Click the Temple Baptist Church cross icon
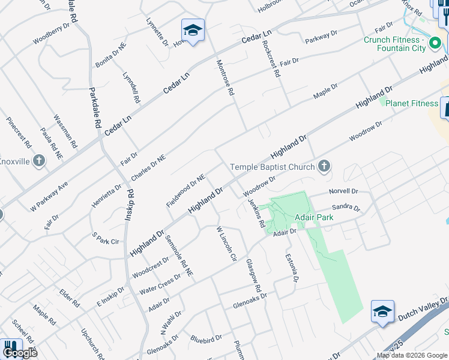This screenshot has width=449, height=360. click(324, 166)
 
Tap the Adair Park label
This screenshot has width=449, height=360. click(313, 217)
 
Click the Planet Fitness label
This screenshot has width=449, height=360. click(412, 103)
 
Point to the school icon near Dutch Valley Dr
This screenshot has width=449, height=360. click(382, 311)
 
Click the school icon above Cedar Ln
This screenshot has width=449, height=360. click(193, 31)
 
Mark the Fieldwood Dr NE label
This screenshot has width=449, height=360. click(186, 191)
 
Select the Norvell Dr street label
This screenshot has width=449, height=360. click(343, 191)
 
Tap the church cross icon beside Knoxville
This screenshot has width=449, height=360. click(40, 160)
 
